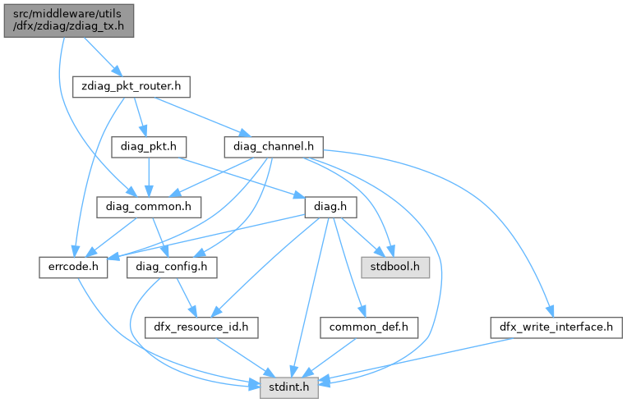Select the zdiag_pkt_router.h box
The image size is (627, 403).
[x=131, y=85]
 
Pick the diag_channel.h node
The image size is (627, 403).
[x=273, y=146]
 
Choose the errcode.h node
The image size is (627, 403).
[x=73, y=267]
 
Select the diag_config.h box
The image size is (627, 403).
[x=171, y=267]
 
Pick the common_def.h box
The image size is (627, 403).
[x=369, y=327]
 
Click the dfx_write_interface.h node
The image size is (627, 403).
[x=556, y=327]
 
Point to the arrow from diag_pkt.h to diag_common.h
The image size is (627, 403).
[x=148, y=176]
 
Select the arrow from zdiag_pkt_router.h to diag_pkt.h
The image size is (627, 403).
[x=139, y=115]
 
